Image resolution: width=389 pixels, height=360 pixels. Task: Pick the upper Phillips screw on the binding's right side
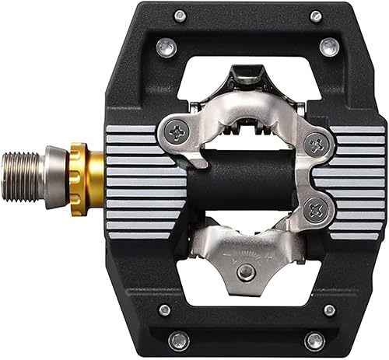tap(315, 143)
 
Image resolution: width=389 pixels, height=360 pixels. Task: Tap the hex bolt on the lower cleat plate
tap(246, 271)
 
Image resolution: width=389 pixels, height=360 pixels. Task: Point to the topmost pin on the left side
tap(180, 16)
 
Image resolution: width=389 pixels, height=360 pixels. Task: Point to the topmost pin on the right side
tap(316, 16)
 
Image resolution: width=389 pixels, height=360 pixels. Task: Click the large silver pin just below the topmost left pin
tap(166, 48)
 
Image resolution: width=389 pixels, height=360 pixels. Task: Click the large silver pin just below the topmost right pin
tap(329, 47)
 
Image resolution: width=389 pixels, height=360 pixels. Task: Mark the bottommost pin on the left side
tap(179, 340)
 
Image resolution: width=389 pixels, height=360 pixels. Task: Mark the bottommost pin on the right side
tap(315, 340)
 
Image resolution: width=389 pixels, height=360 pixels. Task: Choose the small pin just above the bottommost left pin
tap(165, 310)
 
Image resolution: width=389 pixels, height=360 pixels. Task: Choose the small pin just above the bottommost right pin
tap(329, 310)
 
